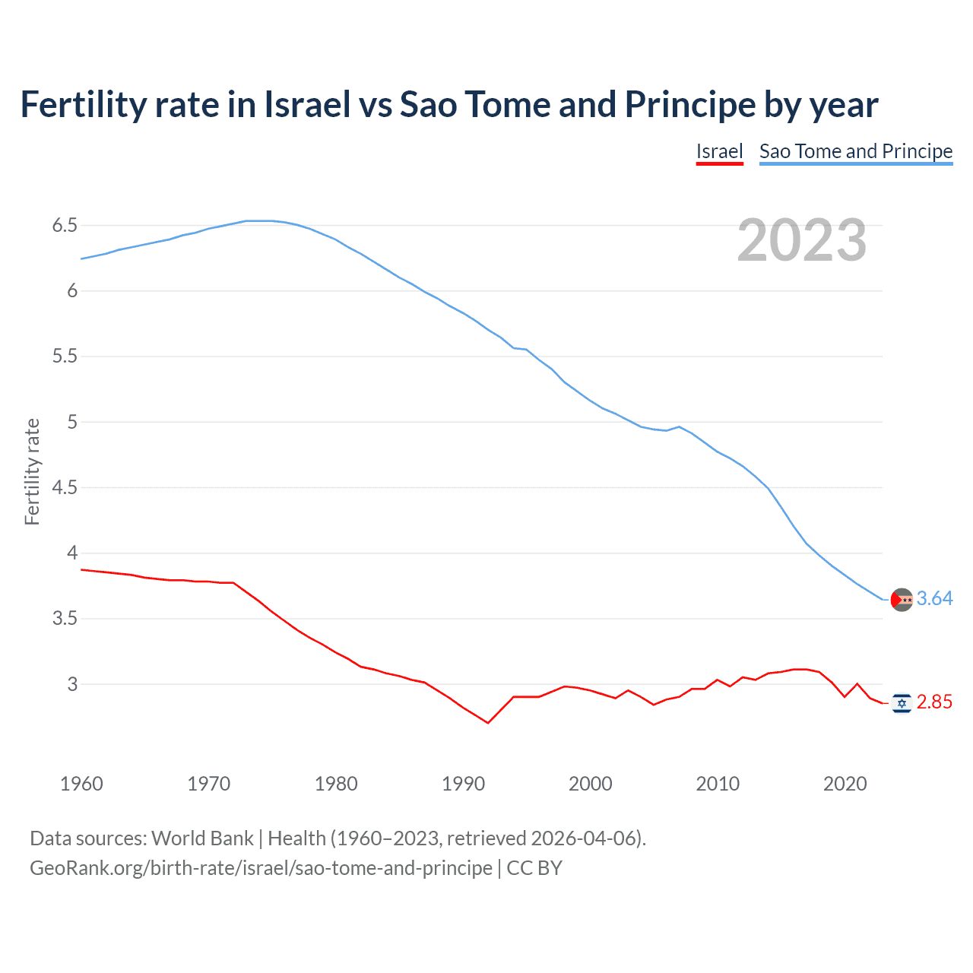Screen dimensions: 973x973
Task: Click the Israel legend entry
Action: pos(719,151)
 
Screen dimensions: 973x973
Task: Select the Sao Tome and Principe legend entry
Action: pos(856,151)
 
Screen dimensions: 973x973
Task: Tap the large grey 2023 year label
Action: pos(802,240)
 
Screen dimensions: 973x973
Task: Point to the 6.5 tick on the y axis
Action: pos(65,226)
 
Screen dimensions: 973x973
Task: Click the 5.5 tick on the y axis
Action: pos(65,357)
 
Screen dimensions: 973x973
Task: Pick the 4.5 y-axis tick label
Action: pos(65,488)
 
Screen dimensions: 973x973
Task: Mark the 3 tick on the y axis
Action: pos(73,684)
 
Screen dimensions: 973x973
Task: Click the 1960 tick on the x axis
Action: pos(81,784)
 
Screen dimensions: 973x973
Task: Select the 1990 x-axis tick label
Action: pos(463,784)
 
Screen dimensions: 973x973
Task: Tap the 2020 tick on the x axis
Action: pos(845,784)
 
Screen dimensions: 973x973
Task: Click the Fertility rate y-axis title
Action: pos(32,471)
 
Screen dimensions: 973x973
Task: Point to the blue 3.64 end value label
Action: pos(934,599)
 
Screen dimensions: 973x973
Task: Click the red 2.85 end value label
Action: pos(934,702)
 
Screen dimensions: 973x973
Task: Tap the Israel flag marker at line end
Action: pos(902,704)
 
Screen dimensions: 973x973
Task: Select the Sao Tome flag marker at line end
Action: pos(902,600)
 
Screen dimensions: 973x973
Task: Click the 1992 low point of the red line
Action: pos(488,723)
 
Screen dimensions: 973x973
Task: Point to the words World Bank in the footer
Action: pos(202,838)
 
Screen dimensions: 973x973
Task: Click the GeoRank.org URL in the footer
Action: pos(261,868)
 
